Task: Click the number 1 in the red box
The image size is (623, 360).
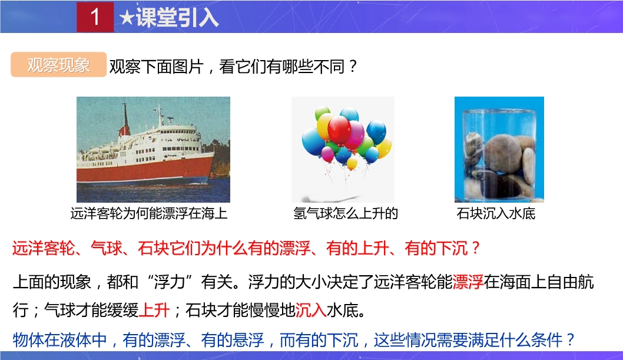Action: [95, 16]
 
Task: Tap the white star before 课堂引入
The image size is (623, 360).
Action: [127, 18]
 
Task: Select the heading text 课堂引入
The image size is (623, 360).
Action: [177, 18]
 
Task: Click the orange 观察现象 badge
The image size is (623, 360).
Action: [58, 64]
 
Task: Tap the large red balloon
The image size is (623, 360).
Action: [339, 130]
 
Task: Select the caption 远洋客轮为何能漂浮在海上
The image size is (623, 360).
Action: [149, 213]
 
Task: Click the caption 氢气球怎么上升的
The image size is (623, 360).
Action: [345, 213]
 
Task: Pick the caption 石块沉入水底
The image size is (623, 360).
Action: [496, 213]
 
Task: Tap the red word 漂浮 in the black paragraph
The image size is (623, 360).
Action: [468, 282]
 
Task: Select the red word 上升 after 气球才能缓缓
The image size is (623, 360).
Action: [154, 310]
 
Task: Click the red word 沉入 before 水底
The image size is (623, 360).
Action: [311, 310]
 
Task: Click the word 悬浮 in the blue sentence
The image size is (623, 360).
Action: [248, 340]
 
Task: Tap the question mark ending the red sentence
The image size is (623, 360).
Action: [475, 248]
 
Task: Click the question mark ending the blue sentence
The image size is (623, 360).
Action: [571, 340]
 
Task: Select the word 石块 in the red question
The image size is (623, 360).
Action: [153, 248]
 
